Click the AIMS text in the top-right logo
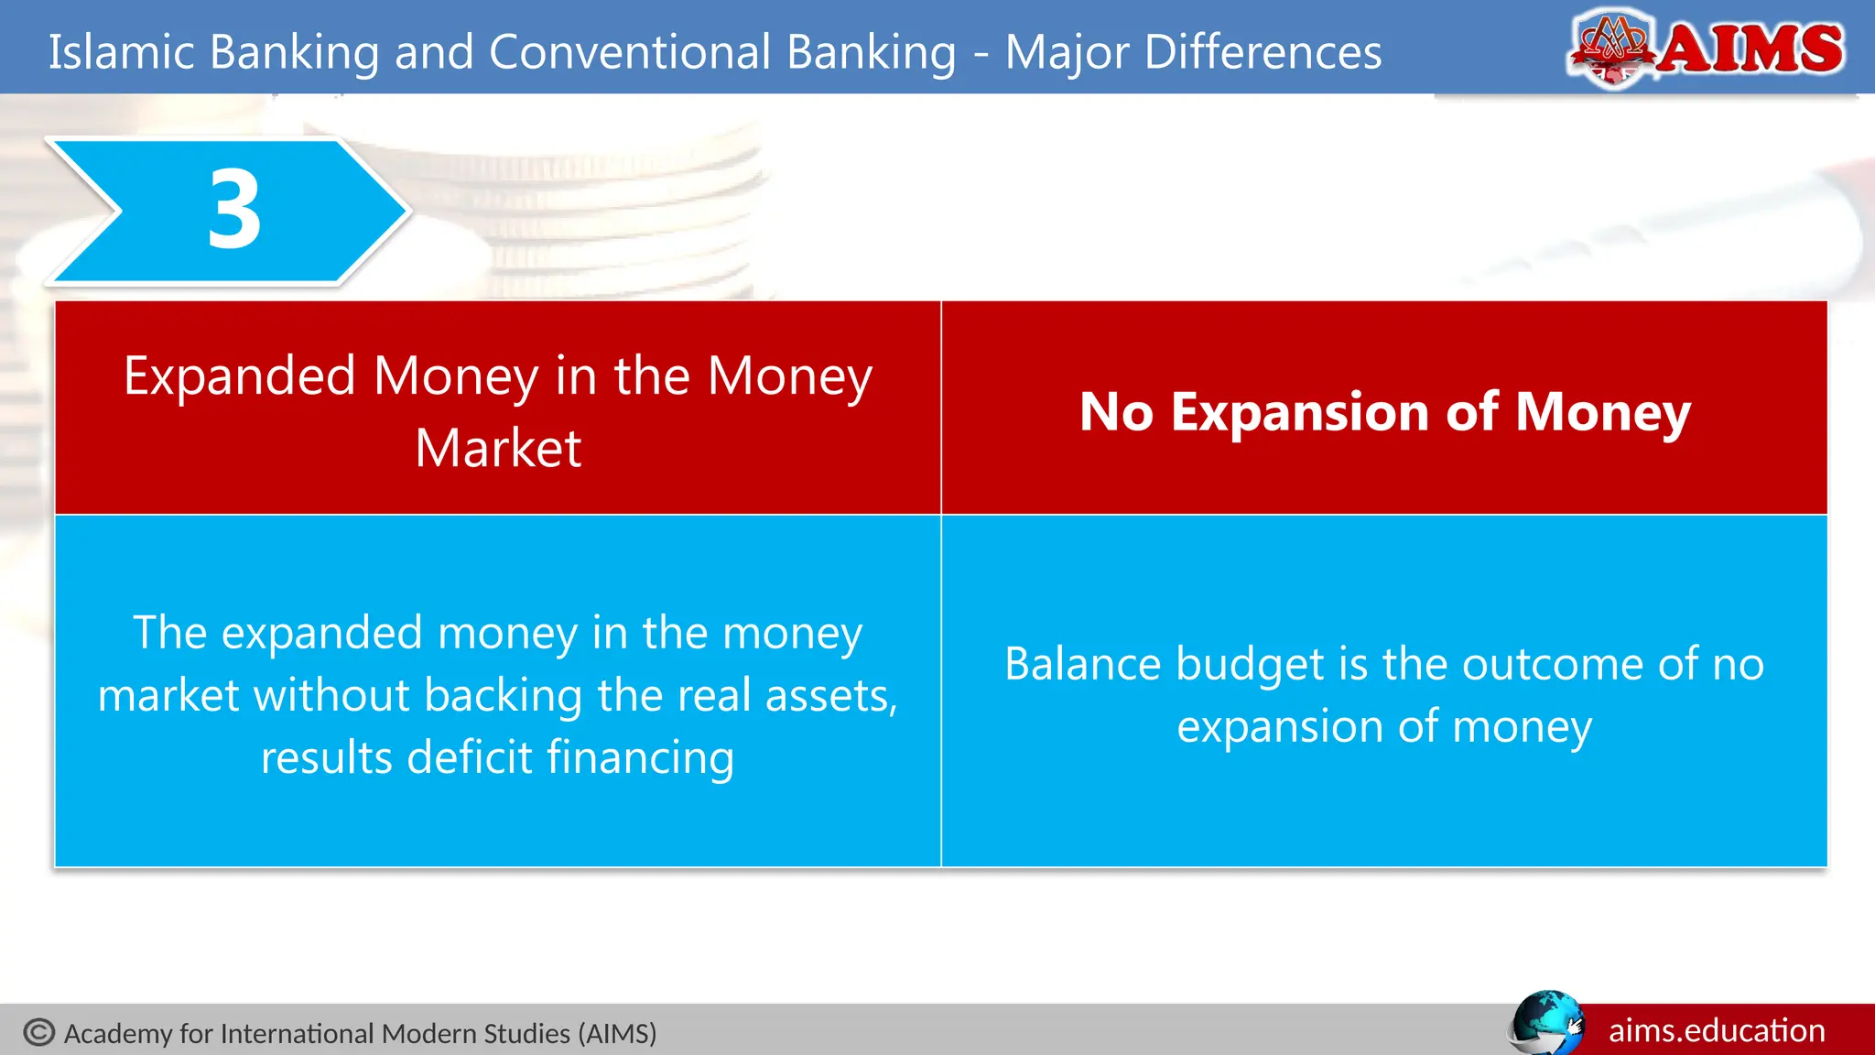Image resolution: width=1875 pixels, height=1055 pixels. tap(1750, 49)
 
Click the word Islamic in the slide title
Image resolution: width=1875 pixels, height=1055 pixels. tap(121, 52)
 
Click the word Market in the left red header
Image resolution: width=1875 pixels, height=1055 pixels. tap(498, 448)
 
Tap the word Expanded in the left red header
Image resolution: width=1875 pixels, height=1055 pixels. tap(239, 376)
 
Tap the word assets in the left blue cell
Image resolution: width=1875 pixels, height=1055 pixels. tap(829, 696)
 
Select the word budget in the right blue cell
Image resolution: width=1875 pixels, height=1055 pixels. tap(1250, 665)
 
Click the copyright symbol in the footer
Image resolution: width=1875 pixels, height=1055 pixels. tap(39, 1032)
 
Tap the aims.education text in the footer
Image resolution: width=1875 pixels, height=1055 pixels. tap(1717, 1030)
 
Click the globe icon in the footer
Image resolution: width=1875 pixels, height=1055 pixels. tap(1545, 1023)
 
